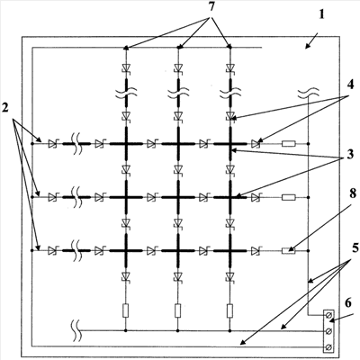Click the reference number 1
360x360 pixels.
point(321,14)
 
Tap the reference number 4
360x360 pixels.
point(351,85)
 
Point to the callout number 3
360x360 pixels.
point(349,154)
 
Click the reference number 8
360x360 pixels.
point(352,194)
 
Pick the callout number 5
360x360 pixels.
point(355,248)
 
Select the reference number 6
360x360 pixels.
point(348,303)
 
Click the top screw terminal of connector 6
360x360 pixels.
point(328,315)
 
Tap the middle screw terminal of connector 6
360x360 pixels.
point(328,331)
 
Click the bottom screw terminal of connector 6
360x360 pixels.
point(328,346)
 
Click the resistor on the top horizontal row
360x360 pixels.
point(289,144)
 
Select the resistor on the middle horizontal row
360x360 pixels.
point(289,197)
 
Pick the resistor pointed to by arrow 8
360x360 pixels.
point(289,250)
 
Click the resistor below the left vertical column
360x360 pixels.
point(126,310)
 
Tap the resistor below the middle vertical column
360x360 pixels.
point(178,310)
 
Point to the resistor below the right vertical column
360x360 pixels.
point(230,310)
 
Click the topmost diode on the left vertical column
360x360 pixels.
point(126,67)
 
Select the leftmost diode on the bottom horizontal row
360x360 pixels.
point(53,250)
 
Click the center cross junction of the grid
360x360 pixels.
point(178,197)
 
